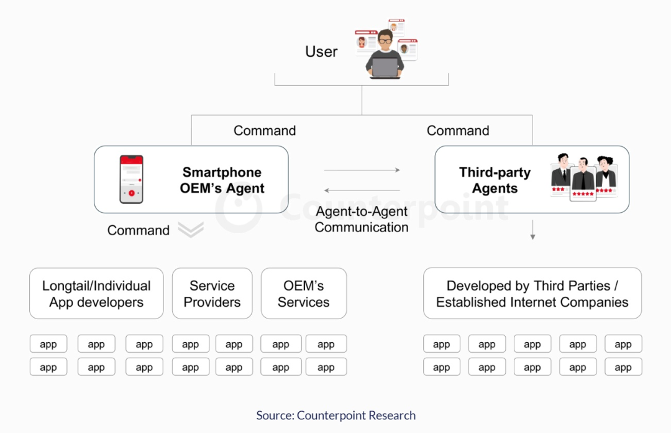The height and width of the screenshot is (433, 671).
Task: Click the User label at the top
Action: [x=321, y=52]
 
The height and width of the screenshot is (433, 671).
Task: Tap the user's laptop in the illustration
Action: [x=385, y=68]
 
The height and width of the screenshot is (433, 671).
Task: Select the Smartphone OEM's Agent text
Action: [x=222, y=180]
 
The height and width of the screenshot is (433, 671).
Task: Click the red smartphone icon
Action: [x=131, y=179]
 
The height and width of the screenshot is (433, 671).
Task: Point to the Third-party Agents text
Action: [x=495, y=180]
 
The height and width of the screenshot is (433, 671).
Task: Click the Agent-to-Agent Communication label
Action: [x=362, y=219]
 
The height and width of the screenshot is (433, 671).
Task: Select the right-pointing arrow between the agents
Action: [x=362, y=170]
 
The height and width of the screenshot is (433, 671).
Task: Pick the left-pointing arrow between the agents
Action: [x=362, y=190]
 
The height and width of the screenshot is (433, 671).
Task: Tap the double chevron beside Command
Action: [x=191, y=230]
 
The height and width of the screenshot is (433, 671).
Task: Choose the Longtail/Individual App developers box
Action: [x=96, y=294]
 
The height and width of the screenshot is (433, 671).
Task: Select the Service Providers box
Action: [x=212, y=294]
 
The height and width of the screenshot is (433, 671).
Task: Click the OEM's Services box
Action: [x=304, y=294]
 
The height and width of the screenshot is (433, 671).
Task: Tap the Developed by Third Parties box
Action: [x=532, y=294]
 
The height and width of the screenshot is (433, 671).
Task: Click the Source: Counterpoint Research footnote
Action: [x=336, y=415]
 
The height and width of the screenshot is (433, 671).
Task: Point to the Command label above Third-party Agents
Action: [x=458, y=131]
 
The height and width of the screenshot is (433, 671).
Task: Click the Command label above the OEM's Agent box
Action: [x=265, y=131]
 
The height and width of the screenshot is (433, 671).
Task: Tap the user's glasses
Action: [x=386, y=40]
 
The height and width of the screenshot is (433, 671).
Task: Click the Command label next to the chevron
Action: [x=139, y=230]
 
